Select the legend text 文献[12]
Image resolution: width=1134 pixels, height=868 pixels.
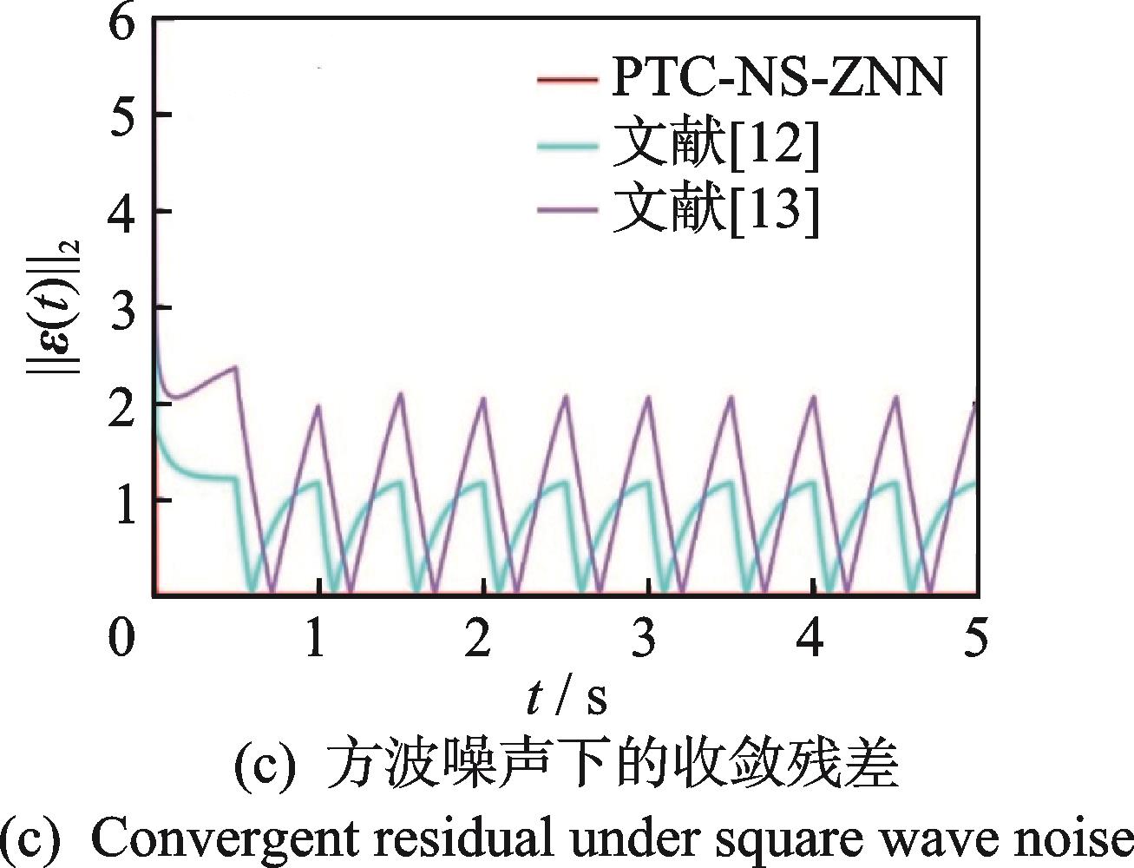715,147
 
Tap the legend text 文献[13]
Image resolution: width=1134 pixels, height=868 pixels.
715,212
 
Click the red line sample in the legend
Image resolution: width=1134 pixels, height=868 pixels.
567,81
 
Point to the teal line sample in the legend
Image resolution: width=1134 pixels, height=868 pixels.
567,147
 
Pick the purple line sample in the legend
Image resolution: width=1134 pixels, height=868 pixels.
567,212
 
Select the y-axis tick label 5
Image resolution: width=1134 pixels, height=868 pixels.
122,115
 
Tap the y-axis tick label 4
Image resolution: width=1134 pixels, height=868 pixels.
122,212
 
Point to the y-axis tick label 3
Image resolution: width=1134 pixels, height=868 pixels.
122,308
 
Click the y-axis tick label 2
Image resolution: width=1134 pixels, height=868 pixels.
122,404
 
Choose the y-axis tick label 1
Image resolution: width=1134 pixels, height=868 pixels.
122,501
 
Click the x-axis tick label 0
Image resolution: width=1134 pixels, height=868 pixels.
122,639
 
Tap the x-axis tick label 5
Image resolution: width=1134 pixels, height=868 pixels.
975,639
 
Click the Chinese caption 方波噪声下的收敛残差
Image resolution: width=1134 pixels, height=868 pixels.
611,764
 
